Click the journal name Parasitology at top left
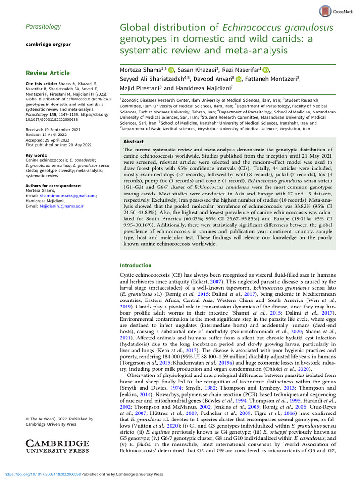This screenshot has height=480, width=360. coord(43,27)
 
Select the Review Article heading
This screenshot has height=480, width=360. coord(47,73)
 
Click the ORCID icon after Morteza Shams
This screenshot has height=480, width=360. coord(172,70)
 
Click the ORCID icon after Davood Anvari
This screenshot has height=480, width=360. coord(239,80)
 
